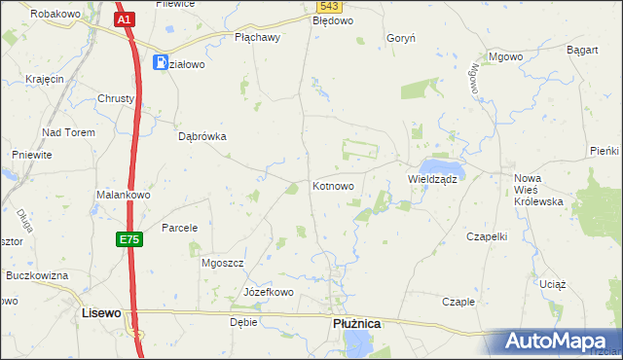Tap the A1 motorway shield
pyautogui.click(x=124, y=18)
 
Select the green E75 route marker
pyautogui.click(x=131, y=239)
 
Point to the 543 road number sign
pyautogui.click(x=328, y=7)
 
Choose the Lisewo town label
pyautogui.click(x=101, y=313)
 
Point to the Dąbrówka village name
pyautogui.click(x=202, y=137)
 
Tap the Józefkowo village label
pyautogui.click(x=269, y=292)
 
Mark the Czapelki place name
pyautogui.click(x=489, y=236)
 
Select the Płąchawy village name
pyautogui.click(x=258, y=38)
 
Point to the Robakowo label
pyautogui.click(x=55, y=15)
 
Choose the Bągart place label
pyautogui.click(x=581, y=49)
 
